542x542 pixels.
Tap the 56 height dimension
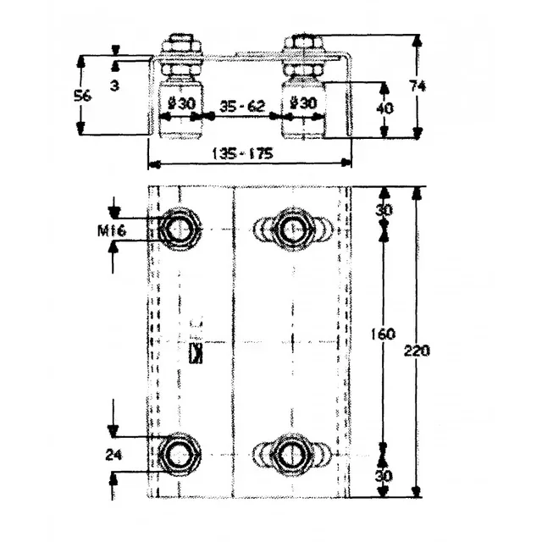(x=83, y=96)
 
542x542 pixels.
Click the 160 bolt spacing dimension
(x=383, y=335)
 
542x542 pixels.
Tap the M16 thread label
(x=113, y=230)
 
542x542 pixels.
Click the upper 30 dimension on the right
(x=383, y=209)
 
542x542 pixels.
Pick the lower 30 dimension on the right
(x=383, y=476)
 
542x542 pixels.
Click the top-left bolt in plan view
(x=179, y=229)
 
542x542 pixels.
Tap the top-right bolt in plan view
(x=293, y=229)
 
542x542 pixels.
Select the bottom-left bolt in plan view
(x=179, y=455)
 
